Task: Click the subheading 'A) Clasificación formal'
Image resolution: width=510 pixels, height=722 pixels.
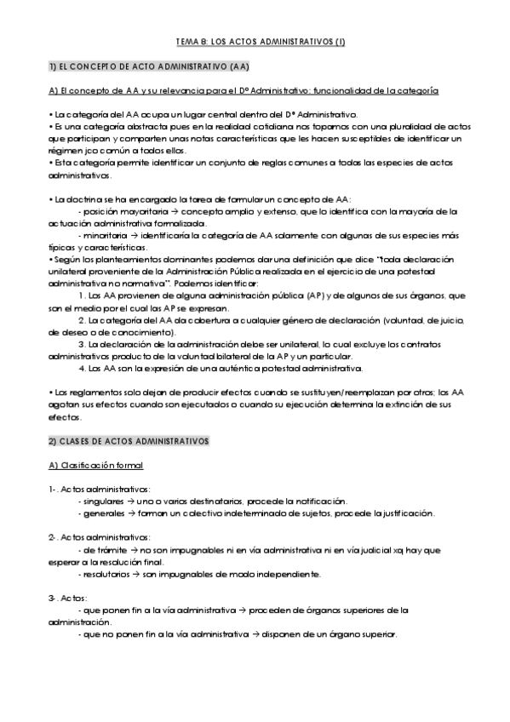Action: pos(96,465)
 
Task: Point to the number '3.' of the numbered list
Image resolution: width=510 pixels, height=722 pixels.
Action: pos(82,343)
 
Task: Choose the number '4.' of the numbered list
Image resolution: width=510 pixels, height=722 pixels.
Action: pos(82,368)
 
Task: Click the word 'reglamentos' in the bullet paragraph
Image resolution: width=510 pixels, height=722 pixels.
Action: pos(80,392)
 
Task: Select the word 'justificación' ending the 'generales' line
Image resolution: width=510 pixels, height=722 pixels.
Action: pos(407,513)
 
